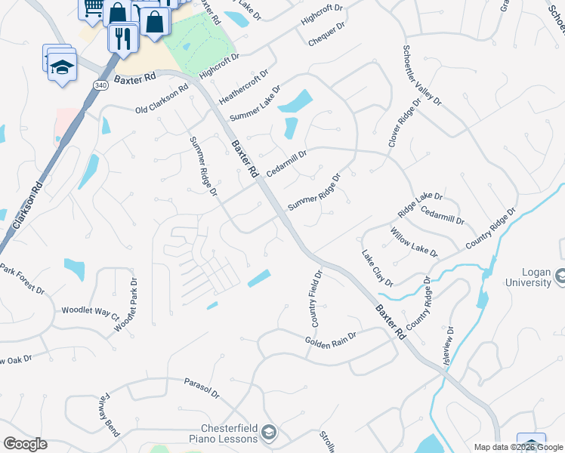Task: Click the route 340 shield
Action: pyautogui.click(x=101, y=85)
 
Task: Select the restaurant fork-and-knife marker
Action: pyautogui.click(x=122, y=37)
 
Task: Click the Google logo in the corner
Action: pyautogui.click(x=25, y=444)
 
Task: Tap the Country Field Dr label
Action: pyautogui.click(x=315, y=299)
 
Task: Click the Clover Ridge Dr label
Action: pyautogui.click(x=404, y=125)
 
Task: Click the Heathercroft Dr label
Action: pyautogui.click(x=243, y=88)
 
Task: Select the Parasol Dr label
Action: pyautogui.click(x=202, y=389)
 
